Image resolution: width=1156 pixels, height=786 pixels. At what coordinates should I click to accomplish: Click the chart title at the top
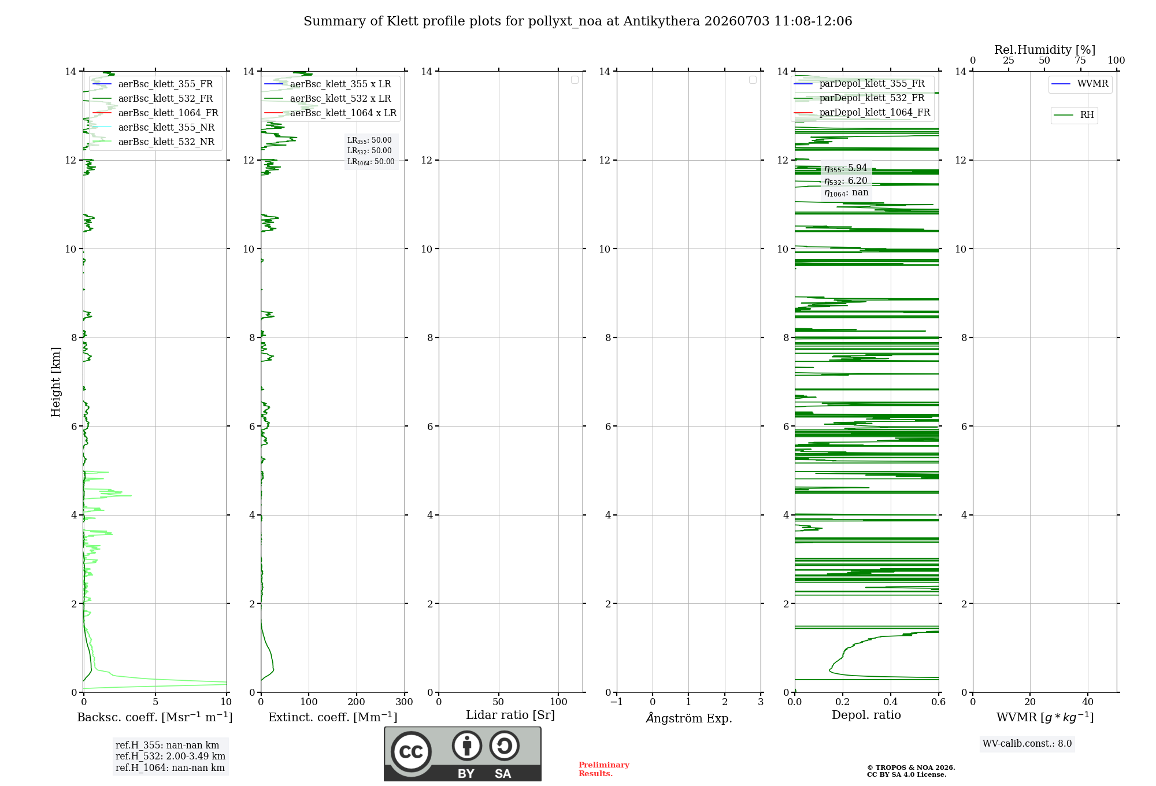tap(578, 21)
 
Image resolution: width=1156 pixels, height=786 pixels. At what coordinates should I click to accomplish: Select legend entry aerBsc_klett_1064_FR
tap(155, 113)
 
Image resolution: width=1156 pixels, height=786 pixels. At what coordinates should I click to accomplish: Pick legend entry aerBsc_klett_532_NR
tap(154, 142)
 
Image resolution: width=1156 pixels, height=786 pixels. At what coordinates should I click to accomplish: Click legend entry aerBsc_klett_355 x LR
tap(328, 84)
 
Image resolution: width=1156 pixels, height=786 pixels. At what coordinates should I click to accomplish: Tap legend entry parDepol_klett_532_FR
tap(859, 98)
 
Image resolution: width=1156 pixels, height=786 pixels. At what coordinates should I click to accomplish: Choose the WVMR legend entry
tap(1080, 84)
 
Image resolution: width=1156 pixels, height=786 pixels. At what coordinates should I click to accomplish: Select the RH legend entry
tap(1074, 115)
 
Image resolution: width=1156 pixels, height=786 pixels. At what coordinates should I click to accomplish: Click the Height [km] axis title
tap(55, 382)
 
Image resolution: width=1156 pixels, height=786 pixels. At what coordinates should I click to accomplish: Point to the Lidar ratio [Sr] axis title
tap(510, 715)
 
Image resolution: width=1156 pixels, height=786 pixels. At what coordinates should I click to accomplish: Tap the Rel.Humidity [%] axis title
tap(1045, 50)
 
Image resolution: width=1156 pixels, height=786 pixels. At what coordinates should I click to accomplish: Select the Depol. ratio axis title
tap(866, 715)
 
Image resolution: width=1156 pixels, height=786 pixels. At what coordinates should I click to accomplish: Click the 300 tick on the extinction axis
tap(405, 702)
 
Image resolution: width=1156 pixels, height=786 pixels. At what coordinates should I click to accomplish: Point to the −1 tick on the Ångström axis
tap(617, 702)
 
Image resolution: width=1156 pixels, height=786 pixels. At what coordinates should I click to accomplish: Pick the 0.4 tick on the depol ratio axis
tap(891, 702)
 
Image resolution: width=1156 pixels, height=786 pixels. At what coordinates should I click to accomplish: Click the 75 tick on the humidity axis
tap(1080, 61)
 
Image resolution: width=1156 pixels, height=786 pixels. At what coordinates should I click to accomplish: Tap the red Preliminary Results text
tap(604, 769)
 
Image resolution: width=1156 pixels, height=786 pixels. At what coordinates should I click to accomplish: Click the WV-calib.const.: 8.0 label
tap(1027, 744)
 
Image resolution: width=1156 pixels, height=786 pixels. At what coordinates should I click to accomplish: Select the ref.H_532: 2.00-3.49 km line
tap(171, 757)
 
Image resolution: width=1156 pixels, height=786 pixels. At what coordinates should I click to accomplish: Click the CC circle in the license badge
tap(411, 752)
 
